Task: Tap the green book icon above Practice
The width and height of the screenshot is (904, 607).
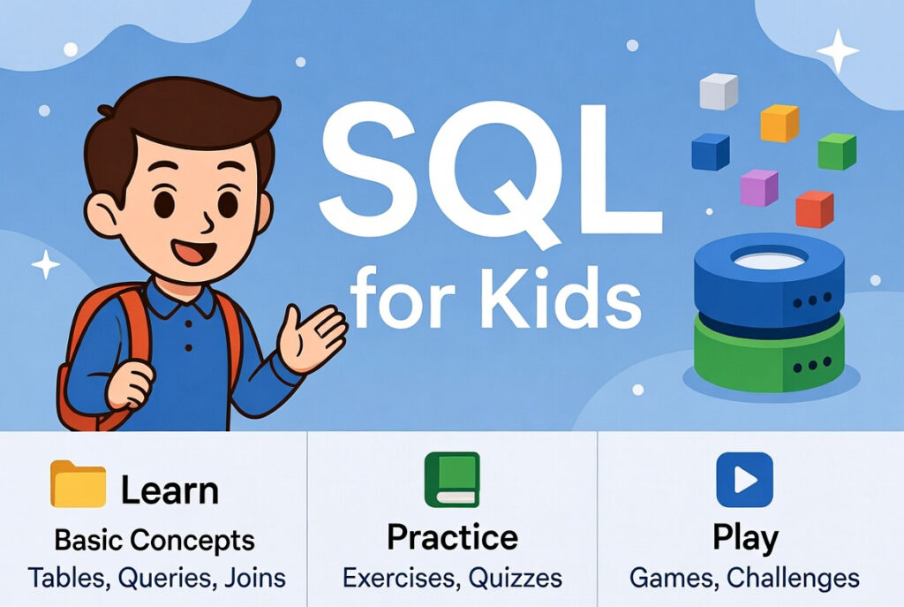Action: (452, 480)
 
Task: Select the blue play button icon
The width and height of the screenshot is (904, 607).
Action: (743, 480)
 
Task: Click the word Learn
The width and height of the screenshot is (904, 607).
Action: (169, 490)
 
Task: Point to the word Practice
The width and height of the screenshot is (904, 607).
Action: (452, 536)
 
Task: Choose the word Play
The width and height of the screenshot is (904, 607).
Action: (745, 537)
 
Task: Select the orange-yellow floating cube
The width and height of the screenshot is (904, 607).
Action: (780, 123)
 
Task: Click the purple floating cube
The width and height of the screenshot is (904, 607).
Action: (759, 187)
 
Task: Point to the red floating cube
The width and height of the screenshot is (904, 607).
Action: (814, 209)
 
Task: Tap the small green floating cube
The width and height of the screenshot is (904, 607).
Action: (837, 151)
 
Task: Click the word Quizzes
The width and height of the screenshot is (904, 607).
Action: (516, 578)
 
